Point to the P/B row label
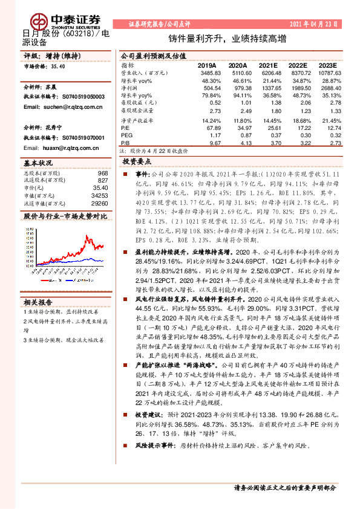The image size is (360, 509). click(125, 144)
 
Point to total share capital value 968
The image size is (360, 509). click(102, 173)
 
